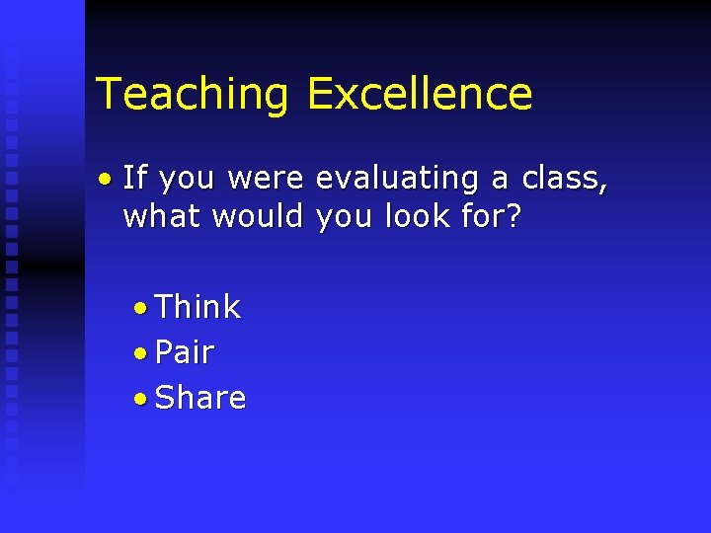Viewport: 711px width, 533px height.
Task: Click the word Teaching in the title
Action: (x=193, y=94)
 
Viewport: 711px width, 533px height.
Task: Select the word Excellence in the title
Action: (x=420, y=94)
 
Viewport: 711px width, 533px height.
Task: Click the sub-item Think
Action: (x=197, y=307)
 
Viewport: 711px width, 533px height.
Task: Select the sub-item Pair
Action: (x=185, y=352)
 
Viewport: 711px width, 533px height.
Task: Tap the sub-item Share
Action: (x=200, y=398)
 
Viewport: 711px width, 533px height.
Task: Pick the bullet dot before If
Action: (x=105, y=180)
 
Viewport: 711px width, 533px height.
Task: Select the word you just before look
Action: (x=345, y=217)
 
